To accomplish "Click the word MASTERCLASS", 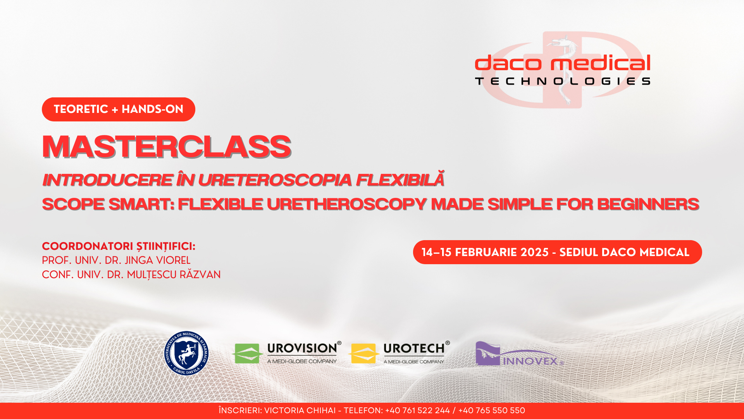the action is (x=167, y=147).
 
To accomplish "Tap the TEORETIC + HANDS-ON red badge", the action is (x=119, y=109).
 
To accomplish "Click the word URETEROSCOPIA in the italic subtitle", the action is (x=275, y=180).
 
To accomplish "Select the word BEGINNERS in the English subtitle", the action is (x=648, y=204).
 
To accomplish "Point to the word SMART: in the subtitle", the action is (x=141, y=204).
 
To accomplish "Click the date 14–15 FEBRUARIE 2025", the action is (x=485, y=252).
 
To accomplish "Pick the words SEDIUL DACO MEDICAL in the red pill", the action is (x=624, y=252).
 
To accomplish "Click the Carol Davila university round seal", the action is (x=186, y=353).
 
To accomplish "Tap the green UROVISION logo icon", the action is (x=247, y=353).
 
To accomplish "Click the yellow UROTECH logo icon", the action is (x=363, y=353).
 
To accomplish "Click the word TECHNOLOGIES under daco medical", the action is (x=563, y=81).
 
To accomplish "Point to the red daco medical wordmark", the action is (x=563, y=63).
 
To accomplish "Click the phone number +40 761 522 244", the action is (x=417, y=410).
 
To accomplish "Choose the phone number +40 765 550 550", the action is (x=492, y=410).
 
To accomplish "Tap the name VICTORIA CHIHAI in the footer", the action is (x=300, y=410).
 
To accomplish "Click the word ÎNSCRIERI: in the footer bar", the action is (x=240, y=410).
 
